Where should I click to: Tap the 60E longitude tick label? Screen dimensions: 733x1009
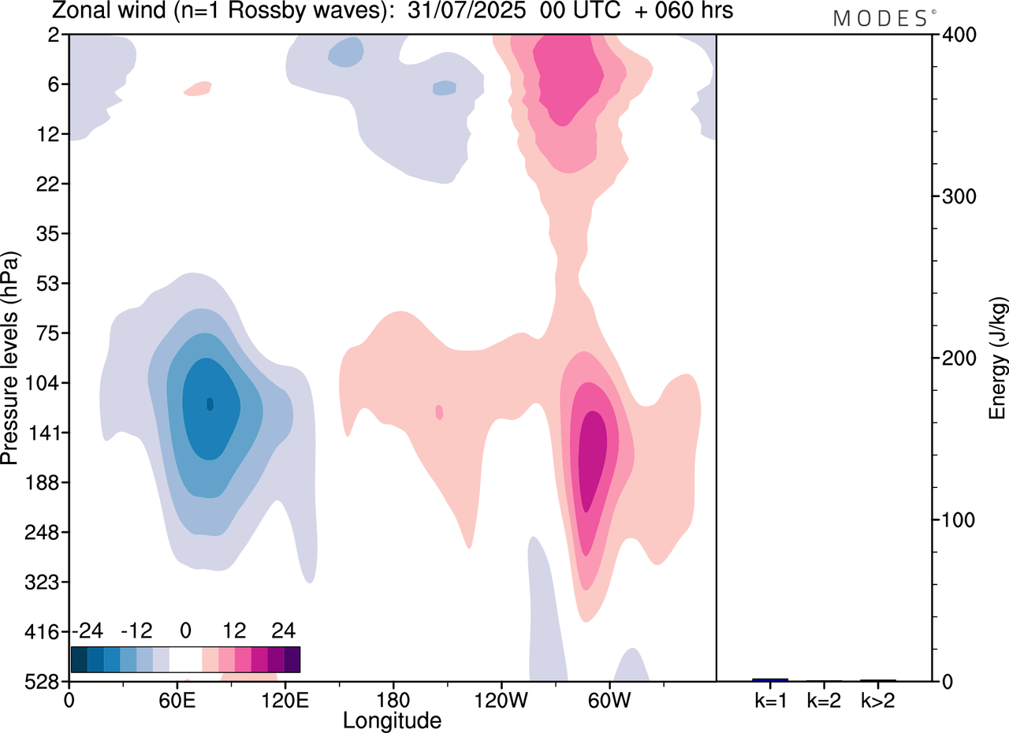point(177,700)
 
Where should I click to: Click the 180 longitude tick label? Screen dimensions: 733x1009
point(393,700)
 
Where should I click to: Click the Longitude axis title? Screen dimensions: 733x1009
point(392,720)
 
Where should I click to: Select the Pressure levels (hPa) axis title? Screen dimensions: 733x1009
point(11,358)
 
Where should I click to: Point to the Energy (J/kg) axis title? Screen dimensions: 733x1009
point(998,358)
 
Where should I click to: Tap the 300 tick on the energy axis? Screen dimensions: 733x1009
point(954,196)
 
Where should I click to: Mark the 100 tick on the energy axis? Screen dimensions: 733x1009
point(954,520)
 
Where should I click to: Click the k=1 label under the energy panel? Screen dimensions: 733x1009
point(770,700)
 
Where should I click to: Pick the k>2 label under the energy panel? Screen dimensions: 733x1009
point(877,700)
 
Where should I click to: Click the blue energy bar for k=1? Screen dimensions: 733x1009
point(770,679)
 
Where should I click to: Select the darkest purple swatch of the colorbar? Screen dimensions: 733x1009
point(292,659)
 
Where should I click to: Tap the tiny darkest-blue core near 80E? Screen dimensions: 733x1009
point(210,404)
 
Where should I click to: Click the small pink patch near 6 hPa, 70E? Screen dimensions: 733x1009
point(198,88)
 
